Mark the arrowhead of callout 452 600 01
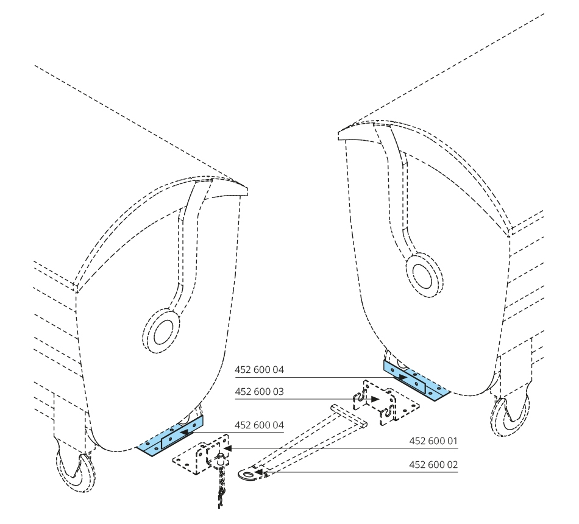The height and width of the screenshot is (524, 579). pyautogui.click(x=229, y=448)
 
